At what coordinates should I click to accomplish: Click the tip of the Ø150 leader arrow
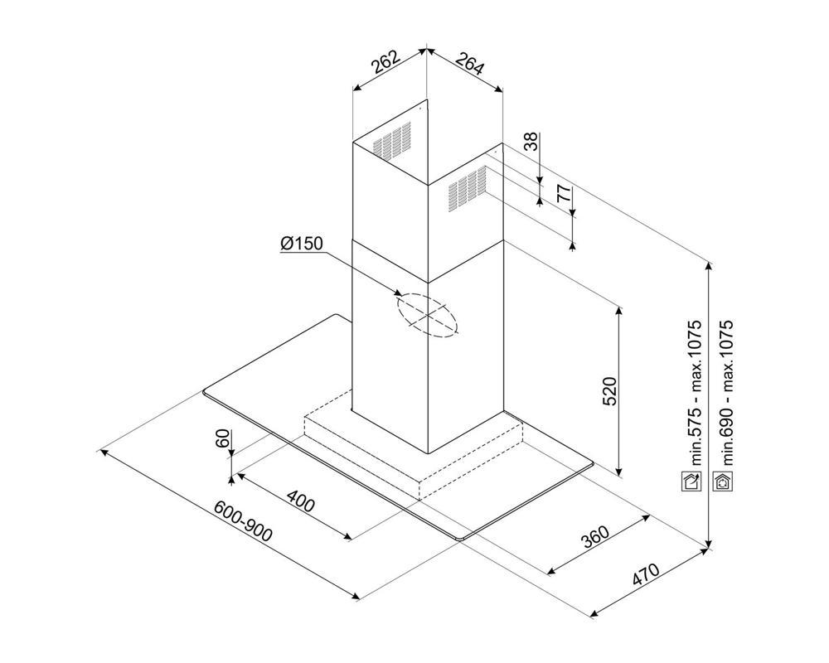pyautogui.click(x=403, y=295)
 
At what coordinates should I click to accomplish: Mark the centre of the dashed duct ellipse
pyautogui.click(x=427, y=315)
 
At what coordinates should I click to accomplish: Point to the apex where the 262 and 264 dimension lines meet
pyautogui.click(x=426, y=49)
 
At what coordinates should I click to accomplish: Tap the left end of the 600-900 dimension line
pyautogui.click(x=100, y=451)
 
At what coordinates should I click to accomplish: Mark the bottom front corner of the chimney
pyautogui.click(x=427, y=453)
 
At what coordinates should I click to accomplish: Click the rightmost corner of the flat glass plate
pyautogui.click(x=594, y=464)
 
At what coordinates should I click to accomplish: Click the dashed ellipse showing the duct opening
pyautogui.click(x=427, y=315)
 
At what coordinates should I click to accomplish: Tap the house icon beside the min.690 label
pyautogui.click(x=722, y=482)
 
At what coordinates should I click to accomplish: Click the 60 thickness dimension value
pyautogui.click(x=223, y=438)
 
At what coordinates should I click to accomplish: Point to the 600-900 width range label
pyautogui.click(x=244, y=521)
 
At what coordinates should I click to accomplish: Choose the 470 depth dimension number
pyautogui.click(x=646, y=574)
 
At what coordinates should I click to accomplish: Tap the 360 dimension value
pyautogui.click(x=596, y=537)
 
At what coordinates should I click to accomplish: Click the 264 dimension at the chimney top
pyautogui.click(x=469, y=64)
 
